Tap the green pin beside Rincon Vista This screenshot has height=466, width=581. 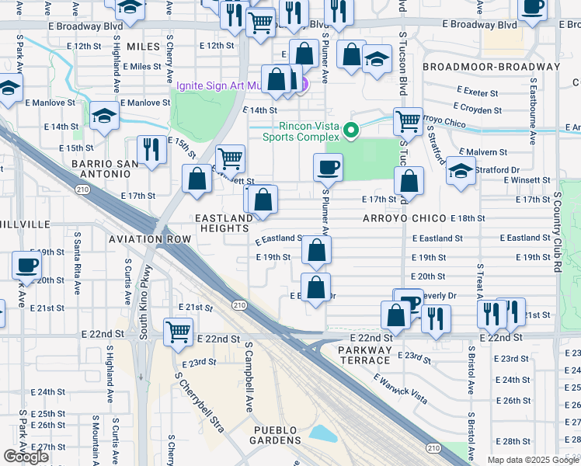pos(351,130)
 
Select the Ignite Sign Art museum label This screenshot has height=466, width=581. pos(233,85)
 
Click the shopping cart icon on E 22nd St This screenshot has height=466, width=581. pos(179,331)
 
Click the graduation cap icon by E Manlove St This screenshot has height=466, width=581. pos(103,116)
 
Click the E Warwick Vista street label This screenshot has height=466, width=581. pos(399,388)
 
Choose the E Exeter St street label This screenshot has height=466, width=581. pos(477,92)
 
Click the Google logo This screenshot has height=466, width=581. pos(26,456)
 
